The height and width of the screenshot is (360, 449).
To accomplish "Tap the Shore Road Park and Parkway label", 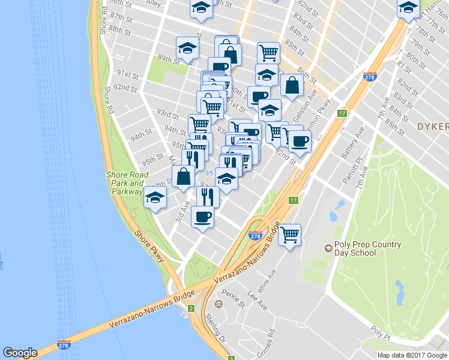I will click(x=126, y=183).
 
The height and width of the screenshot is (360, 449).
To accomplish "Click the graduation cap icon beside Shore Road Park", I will click(x=155, y=197).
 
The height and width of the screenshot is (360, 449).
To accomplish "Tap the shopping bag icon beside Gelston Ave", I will click(x=291, y=85).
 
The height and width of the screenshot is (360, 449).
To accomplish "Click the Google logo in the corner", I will click(x=20, y=353).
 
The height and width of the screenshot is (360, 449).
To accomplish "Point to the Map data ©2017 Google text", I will click(x=412, y=355).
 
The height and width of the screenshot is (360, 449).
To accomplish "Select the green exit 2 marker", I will click(x=191, y=308).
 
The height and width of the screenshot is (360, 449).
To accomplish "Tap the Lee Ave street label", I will click(x=257, y=301).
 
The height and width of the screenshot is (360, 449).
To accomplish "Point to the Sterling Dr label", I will click(x=214, y=324).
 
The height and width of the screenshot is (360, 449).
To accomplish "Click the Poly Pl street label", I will click(x=380, y=332).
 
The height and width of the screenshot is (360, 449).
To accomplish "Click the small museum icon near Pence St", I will click(x=218, y=305).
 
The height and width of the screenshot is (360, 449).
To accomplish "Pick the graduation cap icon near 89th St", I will click(x=187, y=48).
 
